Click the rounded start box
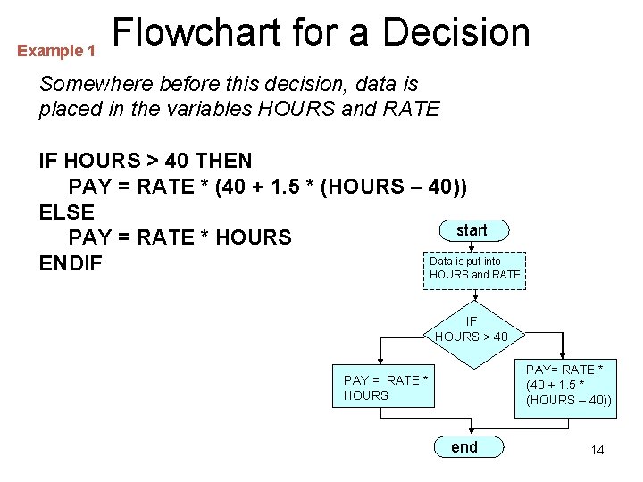[x=472, y=230]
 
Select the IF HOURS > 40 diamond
[x=472, y=329]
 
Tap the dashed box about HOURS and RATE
[x=474, y=269]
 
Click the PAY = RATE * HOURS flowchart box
[x=382, y=387]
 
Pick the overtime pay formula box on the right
[x=569, y=385]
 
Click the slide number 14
[x=597, y=450]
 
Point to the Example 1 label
[x=56, y=52]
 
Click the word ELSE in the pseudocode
[x=67, y=212]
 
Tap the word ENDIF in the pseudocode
[x=71, y=264]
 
